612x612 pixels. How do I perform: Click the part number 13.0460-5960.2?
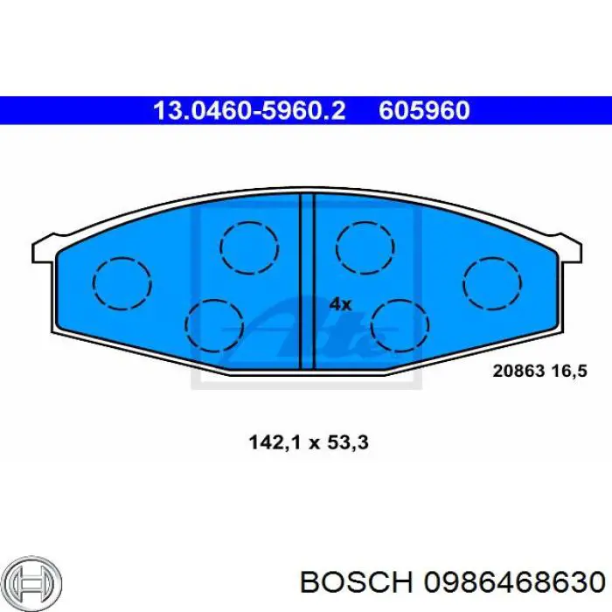click(249, 110)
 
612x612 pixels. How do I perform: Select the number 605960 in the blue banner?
click(424, 110)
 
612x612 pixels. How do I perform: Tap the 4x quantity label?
click(340, 304)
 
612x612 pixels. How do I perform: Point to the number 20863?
click(518, 371)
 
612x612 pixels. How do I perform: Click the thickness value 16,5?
click(569, 372)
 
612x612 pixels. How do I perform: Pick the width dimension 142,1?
click(276, 443)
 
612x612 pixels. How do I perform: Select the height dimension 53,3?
click(348, 443)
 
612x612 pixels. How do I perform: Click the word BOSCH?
click(357, 582)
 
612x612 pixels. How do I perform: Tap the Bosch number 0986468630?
click(514, 582)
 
